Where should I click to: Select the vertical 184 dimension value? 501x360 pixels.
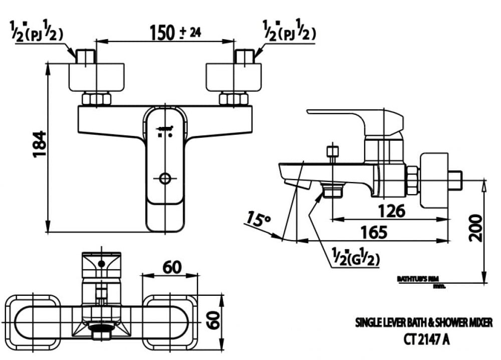pyautogui.click(x=40, y=144)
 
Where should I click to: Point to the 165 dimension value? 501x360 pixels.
pyautogui.click(x=373, y=232)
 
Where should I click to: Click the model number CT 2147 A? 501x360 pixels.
pyautogui.click(x=426, y=339)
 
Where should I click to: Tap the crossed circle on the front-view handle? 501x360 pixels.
pyautogui.click(x=165, y=177)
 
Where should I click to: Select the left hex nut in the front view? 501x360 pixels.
pyautogui.click(x=96, y=99)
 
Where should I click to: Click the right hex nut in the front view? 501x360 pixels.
pyautogui.click(x=233, y=99)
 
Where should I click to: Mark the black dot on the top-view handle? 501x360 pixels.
pyautogui.click(x=102, y=263)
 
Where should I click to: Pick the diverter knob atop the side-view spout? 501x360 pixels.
pyautogui.click(x=332, y=152)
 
